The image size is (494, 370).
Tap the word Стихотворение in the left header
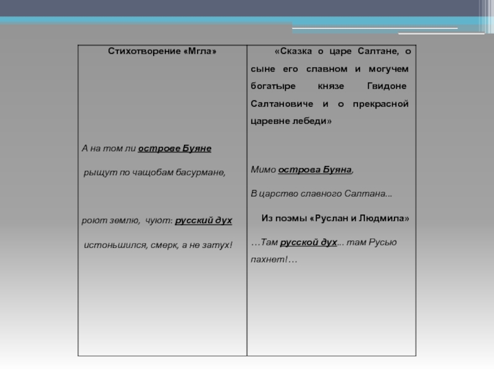[x=144, y=52]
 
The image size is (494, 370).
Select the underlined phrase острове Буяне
[x=175, y=149]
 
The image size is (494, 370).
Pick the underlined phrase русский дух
[x=204, y=220]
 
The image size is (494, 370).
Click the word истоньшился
[x=115, y=245]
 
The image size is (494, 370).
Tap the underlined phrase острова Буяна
[x=315, y=169]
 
